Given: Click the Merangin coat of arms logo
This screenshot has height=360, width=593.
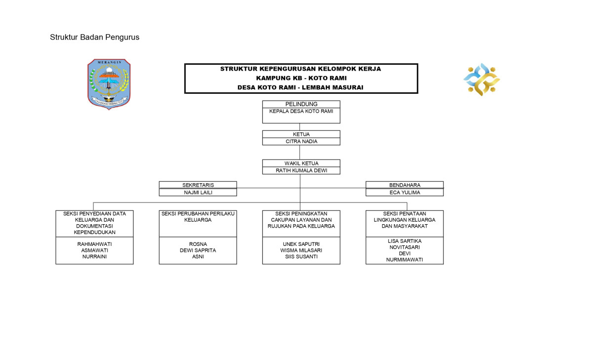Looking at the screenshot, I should (109, 83).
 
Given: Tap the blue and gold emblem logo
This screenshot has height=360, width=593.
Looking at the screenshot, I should (481, 79).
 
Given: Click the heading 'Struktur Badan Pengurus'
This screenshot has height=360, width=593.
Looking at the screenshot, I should (94, 37).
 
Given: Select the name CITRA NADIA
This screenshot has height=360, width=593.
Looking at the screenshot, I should (301, 141).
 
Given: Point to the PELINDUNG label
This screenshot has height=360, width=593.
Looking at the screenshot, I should (301, 104).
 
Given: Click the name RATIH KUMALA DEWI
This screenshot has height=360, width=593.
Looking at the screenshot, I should (301, 170).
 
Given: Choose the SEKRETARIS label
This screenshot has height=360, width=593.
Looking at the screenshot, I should (198, 185).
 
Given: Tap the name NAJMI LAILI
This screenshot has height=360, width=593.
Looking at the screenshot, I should (198, 193).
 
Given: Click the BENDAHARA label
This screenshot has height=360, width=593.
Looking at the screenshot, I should (404, 185).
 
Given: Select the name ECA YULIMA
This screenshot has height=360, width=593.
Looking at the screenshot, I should (404, 193).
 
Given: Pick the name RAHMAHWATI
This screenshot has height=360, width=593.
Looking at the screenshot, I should (94, 244).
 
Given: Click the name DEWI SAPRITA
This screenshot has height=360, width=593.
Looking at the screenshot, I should (198, 250).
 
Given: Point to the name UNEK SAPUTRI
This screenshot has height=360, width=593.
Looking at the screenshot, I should (301, 244).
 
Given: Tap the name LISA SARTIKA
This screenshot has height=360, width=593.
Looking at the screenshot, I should (404, 241).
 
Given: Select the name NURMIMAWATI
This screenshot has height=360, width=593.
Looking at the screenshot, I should (404, 260).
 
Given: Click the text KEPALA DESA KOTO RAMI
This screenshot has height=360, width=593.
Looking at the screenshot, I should (301, 111).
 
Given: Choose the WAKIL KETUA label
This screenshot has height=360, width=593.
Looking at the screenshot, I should (301, 163).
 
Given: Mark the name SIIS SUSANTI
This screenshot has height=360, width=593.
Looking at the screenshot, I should (301, 257).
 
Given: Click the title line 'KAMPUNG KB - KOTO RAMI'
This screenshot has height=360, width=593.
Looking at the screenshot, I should (301, 78).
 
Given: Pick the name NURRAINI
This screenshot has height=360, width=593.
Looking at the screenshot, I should (94, 257).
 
